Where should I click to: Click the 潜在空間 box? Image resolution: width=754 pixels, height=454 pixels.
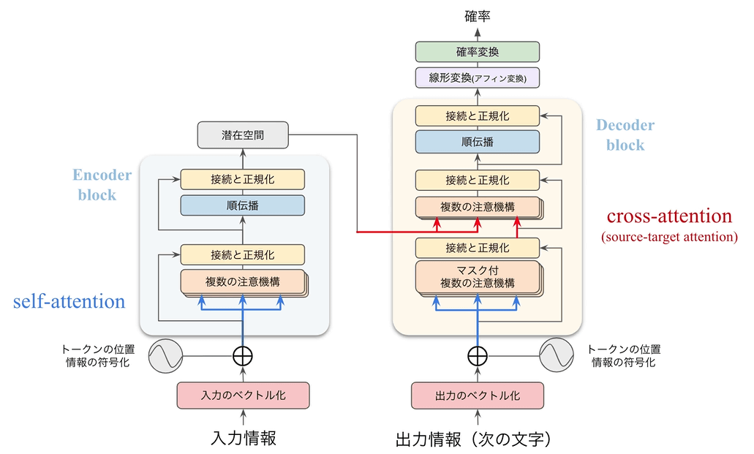[242, 135]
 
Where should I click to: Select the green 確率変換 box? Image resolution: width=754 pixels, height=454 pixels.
[477, 52]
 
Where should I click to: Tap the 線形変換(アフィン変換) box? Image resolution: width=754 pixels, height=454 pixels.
[477, 77]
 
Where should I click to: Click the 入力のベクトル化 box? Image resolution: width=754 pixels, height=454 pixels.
[243, 396]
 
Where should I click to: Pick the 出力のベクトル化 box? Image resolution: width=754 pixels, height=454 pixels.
[477, 396]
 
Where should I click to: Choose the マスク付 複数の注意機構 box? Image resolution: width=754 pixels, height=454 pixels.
[477, 276]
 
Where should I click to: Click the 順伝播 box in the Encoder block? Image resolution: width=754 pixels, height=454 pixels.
[242, 205]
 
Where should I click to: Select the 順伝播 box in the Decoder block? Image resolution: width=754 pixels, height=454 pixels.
[477, 142]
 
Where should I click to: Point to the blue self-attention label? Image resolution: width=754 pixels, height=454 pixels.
[69, 300]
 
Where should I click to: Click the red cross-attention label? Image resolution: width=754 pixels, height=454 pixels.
[669, 216]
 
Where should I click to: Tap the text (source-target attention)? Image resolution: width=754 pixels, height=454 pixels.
[669, 237]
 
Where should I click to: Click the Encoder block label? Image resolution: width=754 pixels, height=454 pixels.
[102, 185]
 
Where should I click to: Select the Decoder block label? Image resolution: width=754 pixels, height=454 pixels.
[625, 135]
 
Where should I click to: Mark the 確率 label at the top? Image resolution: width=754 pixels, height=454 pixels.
[477, 15]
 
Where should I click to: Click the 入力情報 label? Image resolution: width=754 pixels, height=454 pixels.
[243, 439]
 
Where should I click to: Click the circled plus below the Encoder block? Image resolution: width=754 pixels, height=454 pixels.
[242, 356]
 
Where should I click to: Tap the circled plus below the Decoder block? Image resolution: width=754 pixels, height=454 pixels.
[477, 356]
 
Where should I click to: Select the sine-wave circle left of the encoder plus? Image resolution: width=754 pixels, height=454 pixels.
[165, 356]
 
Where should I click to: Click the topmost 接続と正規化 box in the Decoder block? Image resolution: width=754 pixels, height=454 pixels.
[477, 116]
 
